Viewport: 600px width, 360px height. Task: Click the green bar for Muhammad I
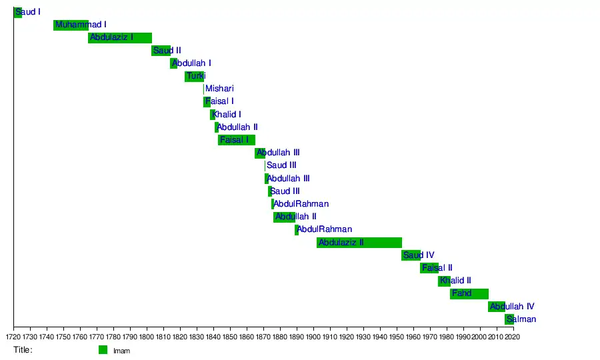[71, 25]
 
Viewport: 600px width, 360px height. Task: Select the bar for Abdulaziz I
[120, 38]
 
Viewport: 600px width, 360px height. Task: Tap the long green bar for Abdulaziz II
[359, 243]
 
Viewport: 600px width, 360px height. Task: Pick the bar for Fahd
[469, 294]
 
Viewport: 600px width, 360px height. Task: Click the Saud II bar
[161, 51]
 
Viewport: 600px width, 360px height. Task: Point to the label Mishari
[219, 89]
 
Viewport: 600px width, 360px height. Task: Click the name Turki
[196, 76]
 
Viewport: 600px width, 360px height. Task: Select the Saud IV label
[419, 255]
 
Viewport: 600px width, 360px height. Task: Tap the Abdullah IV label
[512, 307]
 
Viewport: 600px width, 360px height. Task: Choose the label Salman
[521, 319]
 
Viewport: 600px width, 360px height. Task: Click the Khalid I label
[227, 115]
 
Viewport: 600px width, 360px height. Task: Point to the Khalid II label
[455, 281]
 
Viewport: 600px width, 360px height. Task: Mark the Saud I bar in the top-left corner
[18, 12]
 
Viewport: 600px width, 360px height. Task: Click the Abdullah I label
[191, 63]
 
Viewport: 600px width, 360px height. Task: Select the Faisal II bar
[429, 268]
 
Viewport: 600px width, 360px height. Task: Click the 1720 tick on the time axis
[13, 337]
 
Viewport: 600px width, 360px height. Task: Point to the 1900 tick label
[313, 337]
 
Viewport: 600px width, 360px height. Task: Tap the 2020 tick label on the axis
[513, 337]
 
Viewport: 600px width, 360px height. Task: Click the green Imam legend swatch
[103, 350]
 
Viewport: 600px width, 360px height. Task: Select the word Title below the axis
[23, 349]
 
